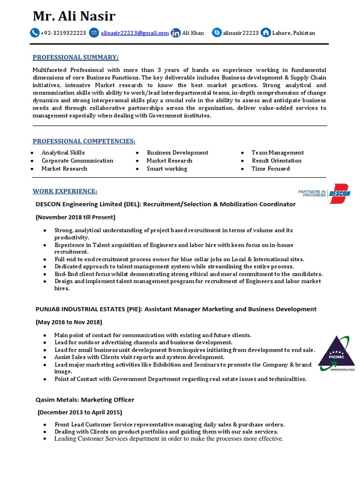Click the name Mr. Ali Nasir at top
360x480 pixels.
pyautogui.click(x=74, y=16)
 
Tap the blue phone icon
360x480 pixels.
pyautogui.click(x=35, y=33)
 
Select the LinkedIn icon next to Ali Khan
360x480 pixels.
pyautogui.click(x=175, y=33)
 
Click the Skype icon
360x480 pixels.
pyautogui.click(x=217, y=33)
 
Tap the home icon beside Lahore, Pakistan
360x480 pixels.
pyautogui.click(x=266, y=33)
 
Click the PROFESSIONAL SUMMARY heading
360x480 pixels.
pyautogui.click(x=75, y=57)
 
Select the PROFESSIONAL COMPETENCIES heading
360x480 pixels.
pyautogui.click(x=84, y=141)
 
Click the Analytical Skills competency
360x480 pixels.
pyautogui.click(x=63, y=153)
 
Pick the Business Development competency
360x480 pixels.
pyautogui.click(x=177, y=153)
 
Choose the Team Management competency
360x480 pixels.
pyautogui.click(x=277, y=153)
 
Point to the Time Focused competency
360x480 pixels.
pyautogui.click(x=270, y=169)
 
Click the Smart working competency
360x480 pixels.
pyautogui.click(x=166, y=169)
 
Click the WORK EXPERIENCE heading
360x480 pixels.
pyautogui.click(x=65, y=191)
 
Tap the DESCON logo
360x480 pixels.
pyautogui.click(x=324, y=193)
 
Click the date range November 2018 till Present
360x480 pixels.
pyautogui.click(x=75, y=217)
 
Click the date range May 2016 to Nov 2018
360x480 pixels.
pyautogui.click(x=69, y=322)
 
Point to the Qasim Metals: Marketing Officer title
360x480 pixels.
pyautogui.click(x=85, y=400)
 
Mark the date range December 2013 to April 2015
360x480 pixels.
pyautogui.click(x=80, y=412)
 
